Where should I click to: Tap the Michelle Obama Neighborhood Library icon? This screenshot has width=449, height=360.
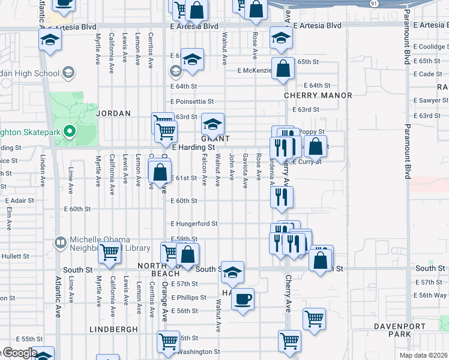tap(60, 243)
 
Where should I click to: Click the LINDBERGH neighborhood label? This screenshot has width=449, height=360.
tap(113, 329)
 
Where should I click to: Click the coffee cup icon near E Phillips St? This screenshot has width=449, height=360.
tap(243, 298)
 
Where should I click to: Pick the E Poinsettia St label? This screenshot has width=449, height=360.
tap(192, 102)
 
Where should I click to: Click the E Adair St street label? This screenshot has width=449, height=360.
tap(19, 201)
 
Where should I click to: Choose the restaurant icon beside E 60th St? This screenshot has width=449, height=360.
tap(280, 197)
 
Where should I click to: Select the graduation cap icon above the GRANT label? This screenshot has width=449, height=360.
tap(212, 124)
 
